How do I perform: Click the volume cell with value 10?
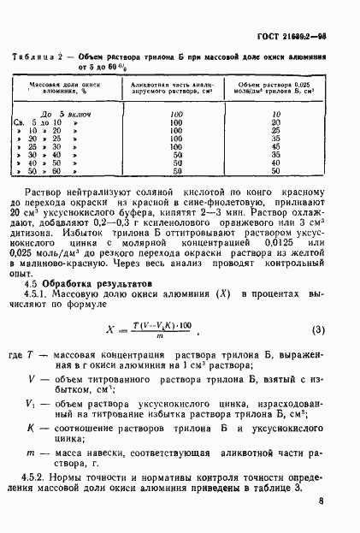(x=275, y=114)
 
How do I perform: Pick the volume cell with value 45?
(x=275, y=146)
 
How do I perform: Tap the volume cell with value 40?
(x=275, y=163)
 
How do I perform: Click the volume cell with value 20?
(x=275, y=121)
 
